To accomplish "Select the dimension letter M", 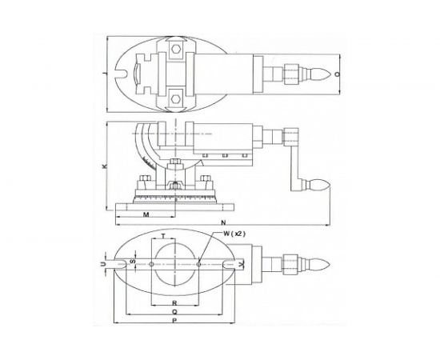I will pos(145,216).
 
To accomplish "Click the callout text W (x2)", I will pos(226,235).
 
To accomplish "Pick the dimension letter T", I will pos(164,238).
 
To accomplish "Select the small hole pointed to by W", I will pos(198,262).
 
